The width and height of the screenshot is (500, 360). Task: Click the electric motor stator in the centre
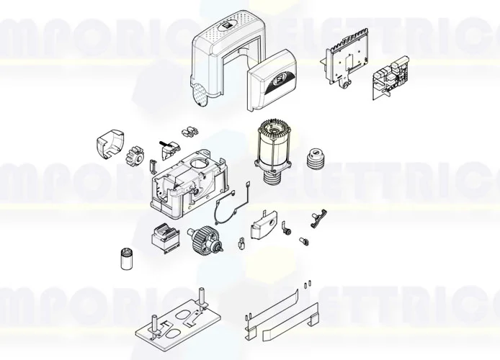click(273, 148)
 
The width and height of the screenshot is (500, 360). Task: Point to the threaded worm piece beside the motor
click(315, 159)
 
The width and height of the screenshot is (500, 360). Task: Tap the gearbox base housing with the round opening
click(189, 181)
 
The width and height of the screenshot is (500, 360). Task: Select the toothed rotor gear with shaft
click(206, 239)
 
